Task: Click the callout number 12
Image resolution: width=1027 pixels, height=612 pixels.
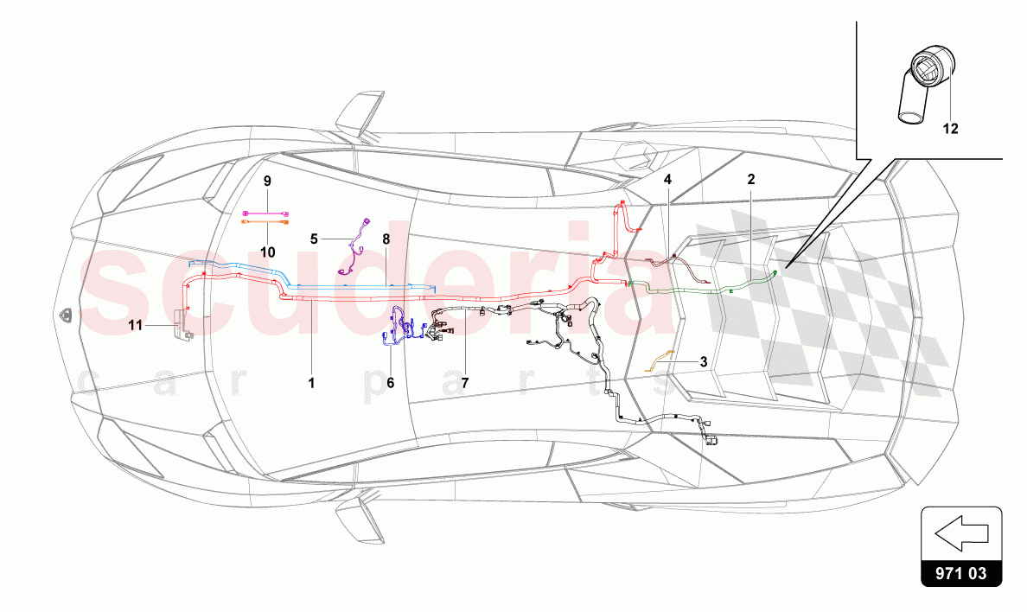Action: (x=950, y=129)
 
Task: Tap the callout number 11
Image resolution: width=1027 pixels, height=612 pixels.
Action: (x=135, y=326)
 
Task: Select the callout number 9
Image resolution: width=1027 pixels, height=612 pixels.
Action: (x=267, y=181)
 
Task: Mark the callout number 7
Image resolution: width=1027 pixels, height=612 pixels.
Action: (x=464, y=381)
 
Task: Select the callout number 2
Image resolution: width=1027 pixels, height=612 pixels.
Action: (x=751, y=180)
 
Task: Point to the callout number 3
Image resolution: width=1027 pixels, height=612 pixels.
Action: (x=703, y=362)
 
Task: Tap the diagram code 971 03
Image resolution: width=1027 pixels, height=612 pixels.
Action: (x=961, y=571)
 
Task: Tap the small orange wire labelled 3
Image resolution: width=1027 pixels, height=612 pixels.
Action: (x=660, y=356)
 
